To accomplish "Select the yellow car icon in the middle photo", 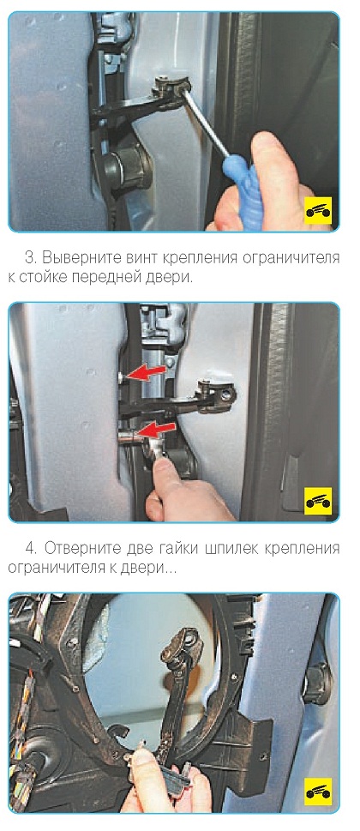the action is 318,501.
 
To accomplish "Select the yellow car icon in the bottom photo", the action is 318,792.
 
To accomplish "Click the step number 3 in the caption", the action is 30,259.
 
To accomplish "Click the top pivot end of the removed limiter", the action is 183,641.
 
